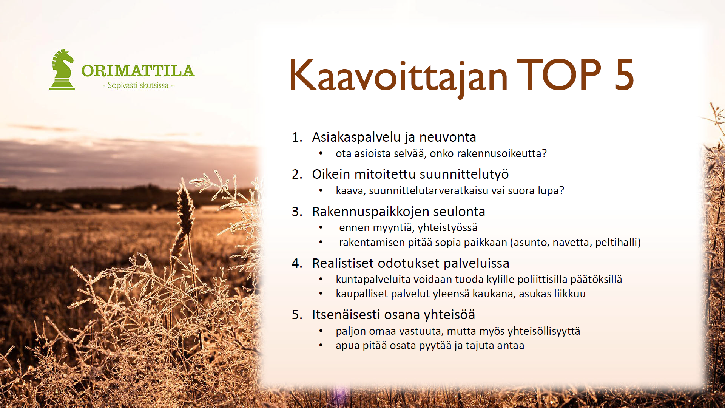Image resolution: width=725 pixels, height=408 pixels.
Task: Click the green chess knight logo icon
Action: pos(62,70)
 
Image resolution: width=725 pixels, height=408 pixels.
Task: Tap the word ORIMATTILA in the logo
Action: pos(138,71)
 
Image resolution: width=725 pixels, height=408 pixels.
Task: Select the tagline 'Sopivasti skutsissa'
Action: pos(138,85)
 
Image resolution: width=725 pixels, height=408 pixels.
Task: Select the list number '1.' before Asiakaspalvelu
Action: pos(297,137)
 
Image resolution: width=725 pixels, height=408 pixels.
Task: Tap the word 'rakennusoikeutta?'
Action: pos(502,153)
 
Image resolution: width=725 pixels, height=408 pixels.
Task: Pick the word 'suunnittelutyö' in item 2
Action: pos(464,175)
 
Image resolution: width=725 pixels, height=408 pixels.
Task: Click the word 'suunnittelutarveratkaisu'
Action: pos(429,190)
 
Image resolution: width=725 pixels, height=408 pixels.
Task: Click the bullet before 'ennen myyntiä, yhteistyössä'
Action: pos(321,227)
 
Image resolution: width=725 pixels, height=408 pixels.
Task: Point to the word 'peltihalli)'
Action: pos(618,242)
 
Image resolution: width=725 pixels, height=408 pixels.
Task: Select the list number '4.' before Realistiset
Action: pos(297,263)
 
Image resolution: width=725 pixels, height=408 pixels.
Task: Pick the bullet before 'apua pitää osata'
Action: pos(321,345)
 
